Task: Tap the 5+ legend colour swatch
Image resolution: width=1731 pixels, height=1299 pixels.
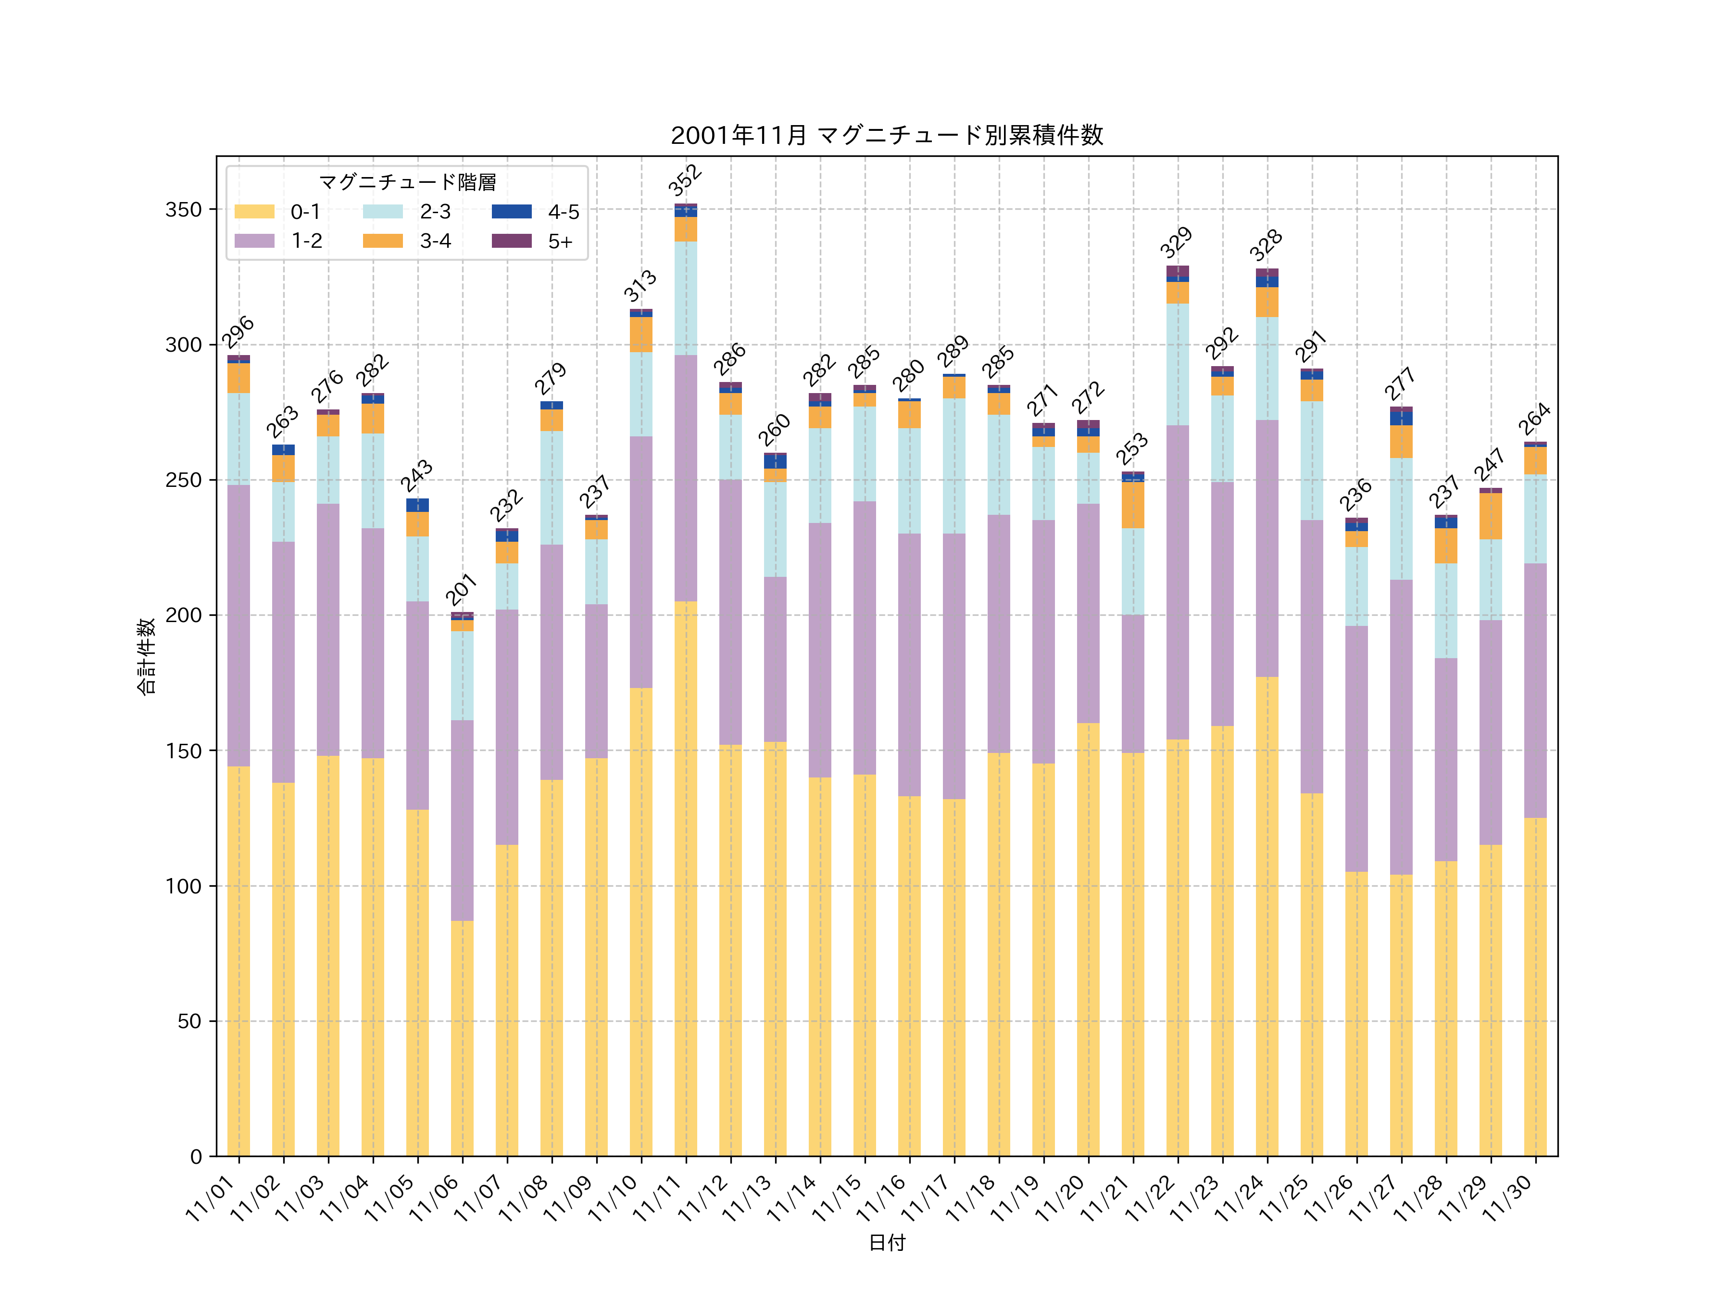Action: (x=511, y=241)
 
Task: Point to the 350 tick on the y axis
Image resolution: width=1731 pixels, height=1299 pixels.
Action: (x=183, y=210)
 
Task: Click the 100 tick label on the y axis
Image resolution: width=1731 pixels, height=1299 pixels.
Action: (x=183, y=886)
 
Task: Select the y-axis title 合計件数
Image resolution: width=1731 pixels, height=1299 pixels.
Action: (x=146, y=656)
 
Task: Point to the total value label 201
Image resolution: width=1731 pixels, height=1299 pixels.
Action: (x=461, y=589)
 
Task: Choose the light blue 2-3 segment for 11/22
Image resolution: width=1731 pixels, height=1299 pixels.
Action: (x=1177, y=364)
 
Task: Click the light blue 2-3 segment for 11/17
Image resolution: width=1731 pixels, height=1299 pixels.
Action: (x=954, y=466)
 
